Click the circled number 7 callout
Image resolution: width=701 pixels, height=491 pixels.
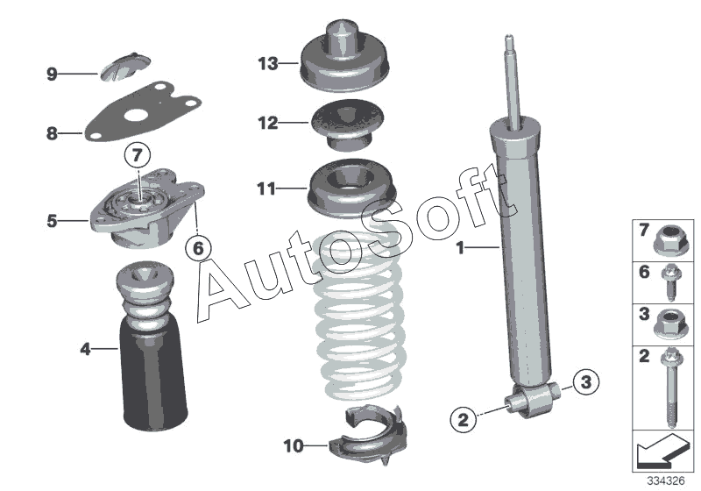pyautogui.click(x=138, y=155)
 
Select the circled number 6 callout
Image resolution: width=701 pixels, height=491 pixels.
pyautogui.click(x=199, y=247)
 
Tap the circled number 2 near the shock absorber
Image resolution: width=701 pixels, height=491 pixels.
pyautogui.click(x=464, y=419)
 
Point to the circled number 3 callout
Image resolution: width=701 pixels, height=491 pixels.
pyautogui.click(x=585, y=382)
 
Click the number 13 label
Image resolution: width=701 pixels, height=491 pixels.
pyautogui.click(x=268, y=63)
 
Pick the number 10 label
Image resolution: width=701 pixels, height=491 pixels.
pyautogui.click(x=294, y=445)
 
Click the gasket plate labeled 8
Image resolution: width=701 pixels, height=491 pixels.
pyautogui.click(x=143, y=112)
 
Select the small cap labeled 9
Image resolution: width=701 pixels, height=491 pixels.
pyautogui.click(x=124, y=68)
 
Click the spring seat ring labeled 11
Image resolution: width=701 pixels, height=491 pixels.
pyautogui.click(x=352, y=188)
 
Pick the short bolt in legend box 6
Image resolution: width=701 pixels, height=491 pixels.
pyautogui.click(x=670, y=282)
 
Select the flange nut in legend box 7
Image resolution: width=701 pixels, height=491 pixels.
pyautogui.click(x=669, y=239)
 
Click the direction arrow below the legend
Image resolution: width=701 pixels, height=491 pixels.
pyautogui.click(x=661, y=451)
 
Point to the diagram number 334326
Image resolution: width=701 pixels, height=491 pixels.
pyautogui.click(x=666, y=481)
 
